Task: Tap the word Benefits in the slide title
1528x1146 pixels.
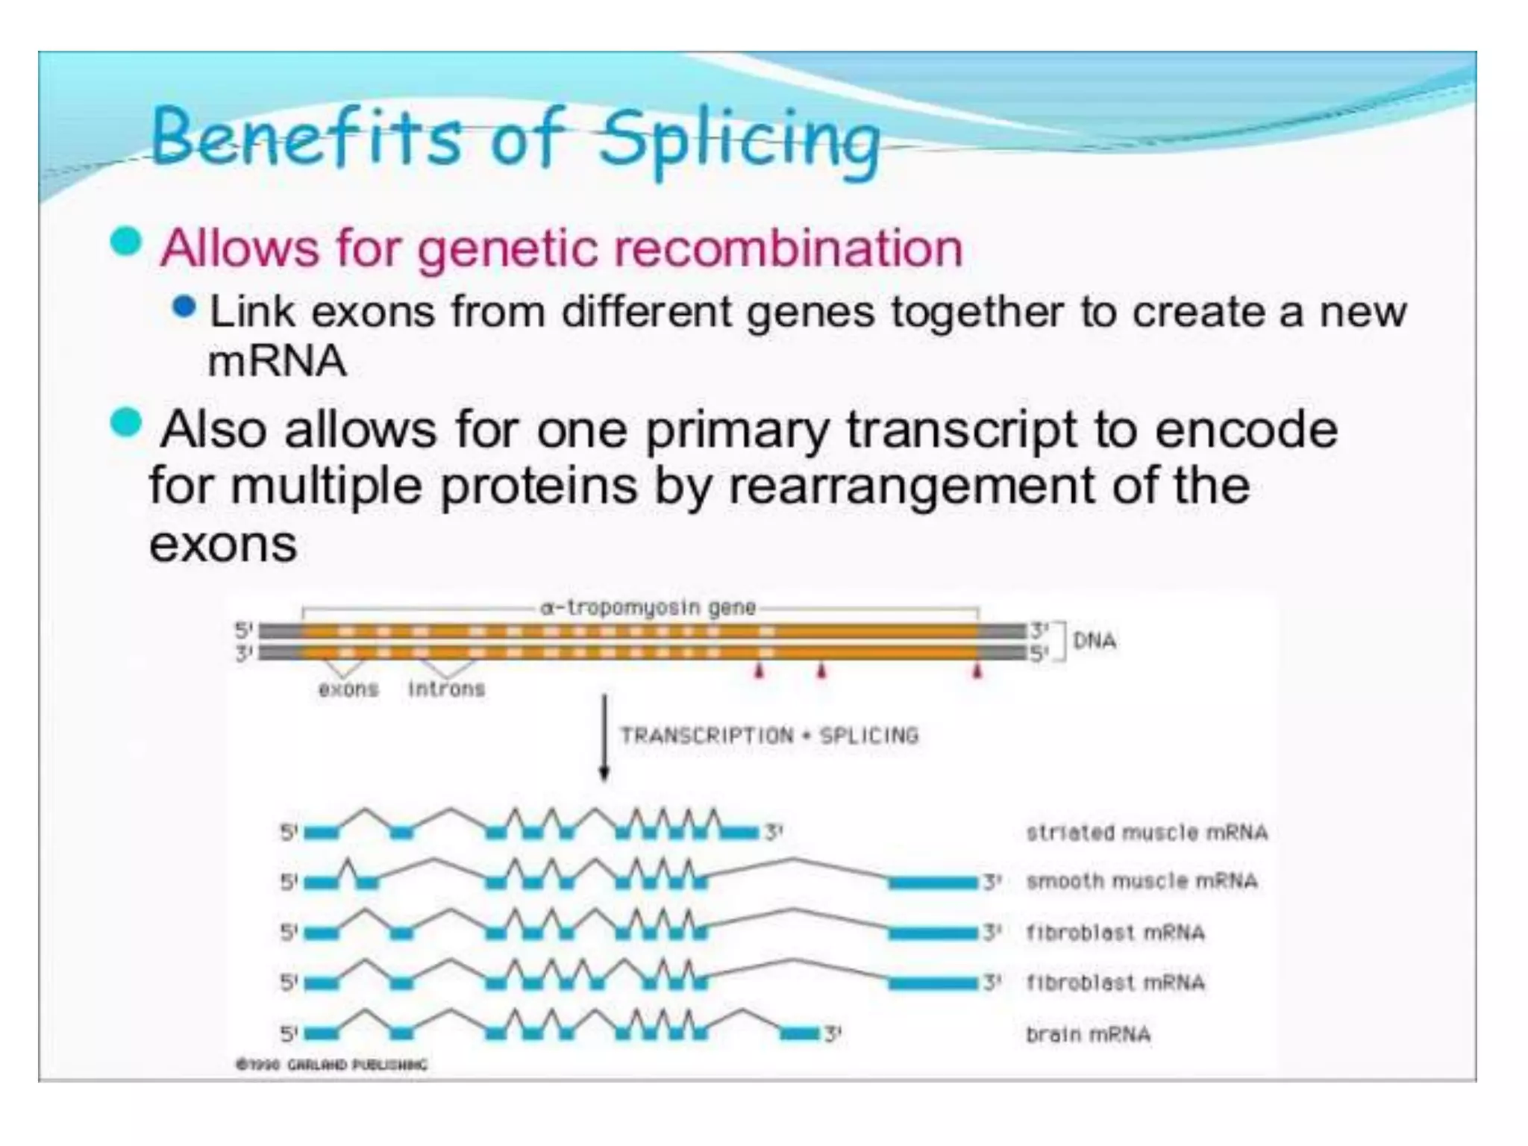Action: pos(306,138)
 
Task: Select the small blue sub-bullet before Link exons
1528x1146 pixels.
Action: pos(184,307)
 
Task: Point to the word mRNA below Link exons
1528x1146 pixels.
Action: pos(277,362)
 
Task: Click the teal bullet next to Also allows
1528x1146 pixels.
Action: pos(125,424)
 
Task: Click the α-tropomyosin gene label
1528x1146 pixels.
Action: pos(648,608)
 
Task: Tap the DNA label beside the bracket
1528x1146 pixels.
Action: pos(1094,641)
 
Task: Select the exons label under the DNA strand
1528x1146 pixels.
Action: pos(348,689)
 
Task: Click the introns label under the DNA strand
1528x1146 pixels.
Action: pos(446,689)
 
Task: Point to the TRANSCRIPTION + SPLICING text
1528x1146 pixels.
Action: pos(769,736)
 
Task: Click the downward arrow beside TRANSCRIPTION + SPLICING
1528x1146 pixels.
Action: pos(604,739)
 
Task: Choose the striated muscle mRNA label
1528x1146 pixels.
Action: pos(1147,833)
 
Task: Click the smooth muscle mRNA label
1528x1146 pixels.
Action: pos(1142,881)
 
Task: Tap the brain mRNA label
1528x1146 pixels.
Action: pos(1088,1035)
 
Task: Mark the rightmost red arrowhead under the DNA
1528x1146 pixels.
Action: pos(977,672)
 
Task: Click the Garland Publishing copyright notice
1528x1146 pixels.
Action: pos(332,1065)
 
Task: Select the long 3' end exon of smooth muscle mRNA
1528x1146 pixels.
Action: pos(933,883)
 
